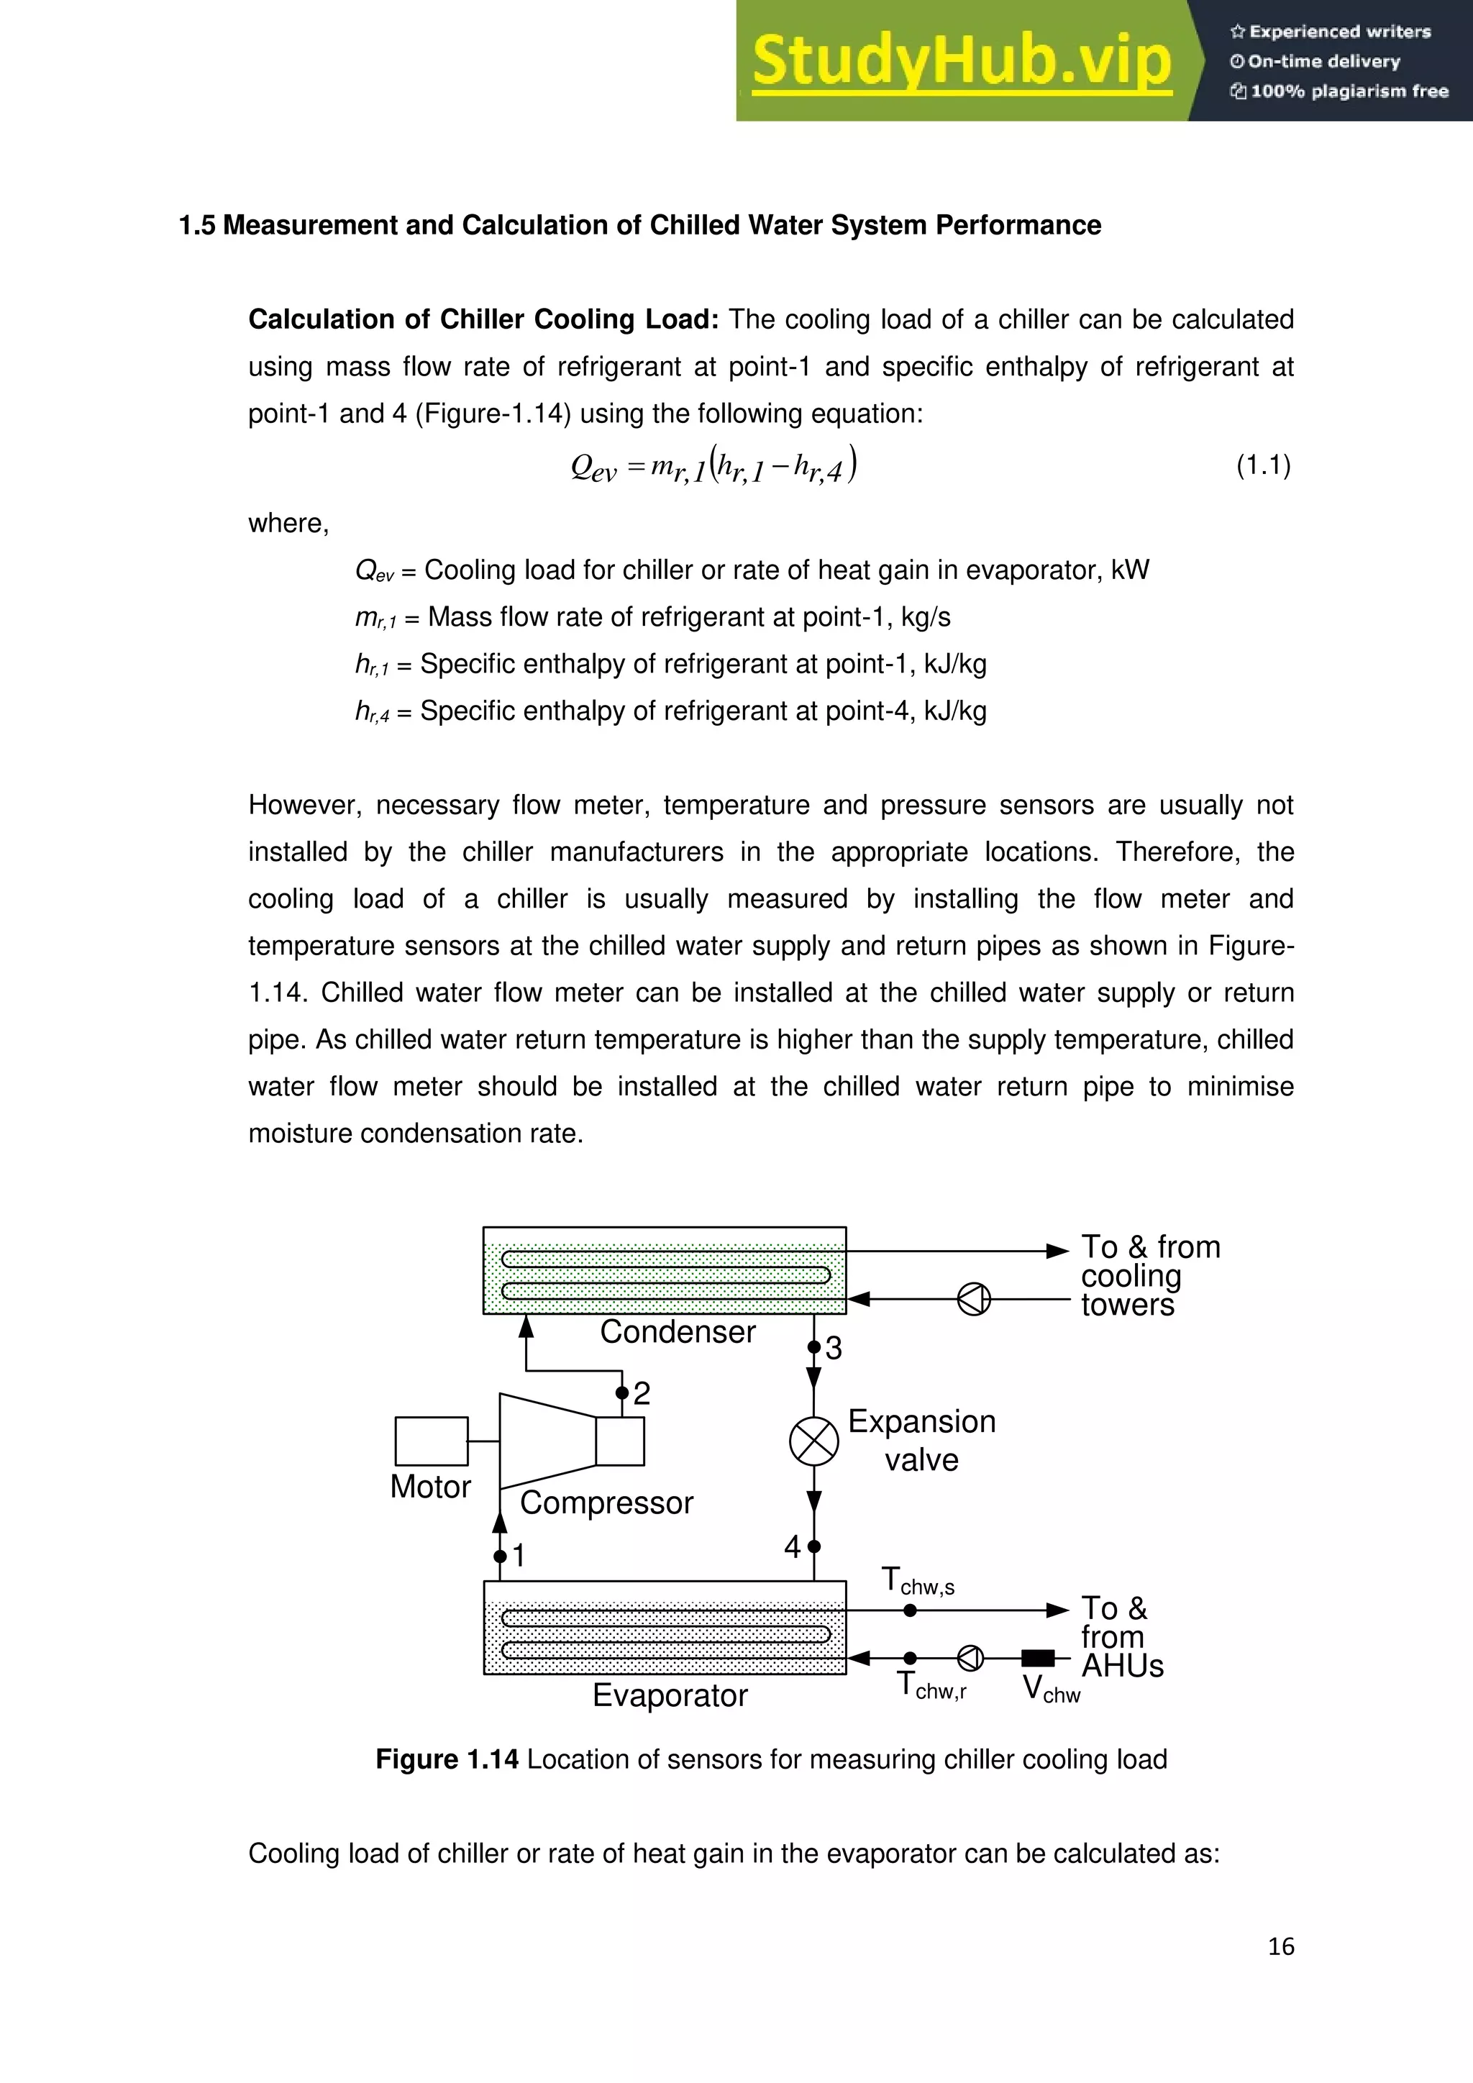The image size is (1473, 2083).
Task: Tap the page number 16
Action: pyautogui.click(x=1281, y=1946)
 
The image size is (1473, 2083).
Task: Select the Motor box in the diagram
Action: pyautogui.click(x=432, y=1441)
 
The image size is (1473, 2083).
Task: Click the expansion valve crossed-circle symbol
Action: pyautogui.click(x=813, y=1441)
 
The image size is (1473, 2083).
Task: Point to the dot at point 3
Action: pyautogui.click(x=813, y=1347)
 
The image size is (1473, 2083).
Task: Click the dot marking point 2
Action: pyautogui.click(x=621, y=1393)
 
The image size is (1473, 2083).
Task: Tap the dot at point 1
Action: pyautogui.click(x=500, y=1556)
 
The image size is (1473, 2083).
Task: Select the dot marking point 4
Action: pyautogui.click(x=813, y=1546)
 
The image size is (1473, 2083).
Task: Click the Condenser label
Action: pyautogui.click(x=678, y=1332)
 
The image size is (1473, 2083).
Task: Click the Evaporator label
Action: pyautogui.click(x=670, y=1695)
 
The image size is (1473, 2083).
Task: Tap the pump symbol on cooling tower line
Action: pyautogui.click(x=974, y=1299)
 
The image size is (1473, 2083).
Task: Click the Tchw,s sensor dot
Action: pyautogui.click(x=910, y=1610)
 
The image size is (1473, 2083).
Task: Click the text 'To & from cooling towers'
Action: pyautogui.click(x=1149, y=1275)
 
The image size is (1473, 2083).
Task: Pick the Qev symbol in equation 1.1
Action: pyautogui.click(x=593, y=468)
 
